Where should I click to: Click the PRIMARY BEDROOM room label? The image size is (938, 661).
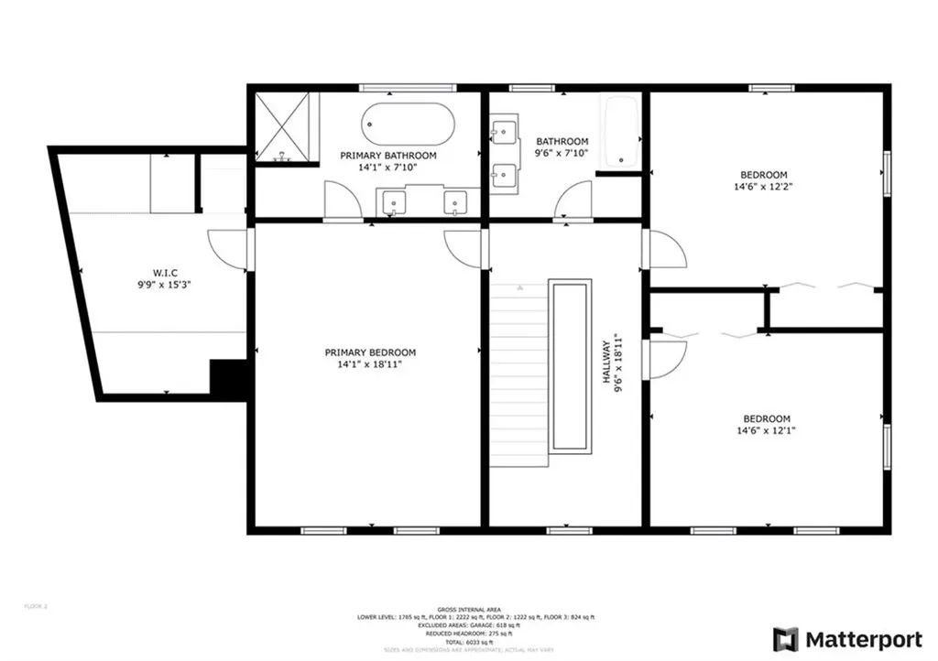[370, 352]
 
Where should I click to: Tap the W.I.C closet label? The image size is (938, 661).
[165, 272]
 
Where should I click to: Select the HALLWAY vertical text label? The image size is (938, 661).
[605, 366]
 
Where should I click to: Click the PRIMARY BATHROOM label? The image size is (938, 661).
[387, 156]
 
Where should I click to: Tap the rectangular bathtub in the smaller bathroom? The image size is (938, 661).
[620, 132]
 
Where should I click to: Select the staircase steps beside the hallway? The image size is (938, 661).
[518, 375]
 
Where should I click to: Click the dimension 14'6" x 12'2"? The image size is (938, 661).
[764, 187]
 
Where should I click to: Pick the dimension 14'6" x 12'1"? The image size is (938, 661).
[766, 431]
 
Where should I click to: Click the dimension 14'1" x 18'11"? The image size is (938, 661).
[370, 364]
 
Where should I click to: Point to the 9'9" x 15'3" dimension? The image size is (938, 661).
[165, 284]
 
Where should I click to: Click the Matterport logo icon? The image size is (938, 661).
[785, 638]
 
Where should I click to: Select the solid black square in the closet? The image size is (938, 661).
[230, 379]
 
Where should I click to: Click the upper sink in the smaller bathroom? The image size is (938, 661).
[503, 134]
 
